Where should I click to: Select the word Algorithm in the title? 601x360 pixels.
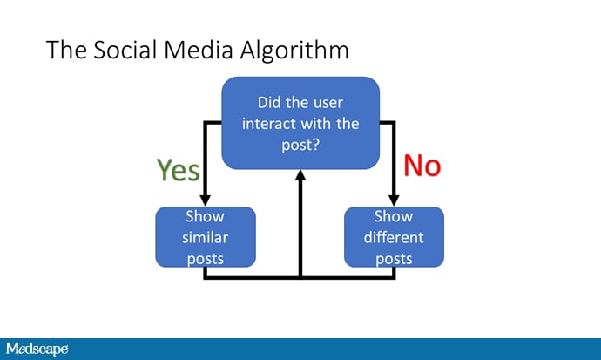(296, 51)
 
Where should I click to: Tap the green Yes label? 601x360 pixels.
(178, 169)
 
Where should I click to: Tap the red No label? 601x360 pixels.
(422, 164)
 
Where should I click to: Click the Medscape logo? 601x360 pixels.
(37, 349)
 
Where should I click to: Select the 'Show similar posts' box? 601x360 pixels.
(206, 236)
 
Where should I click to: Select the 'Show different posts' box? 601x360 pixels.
(394, 236)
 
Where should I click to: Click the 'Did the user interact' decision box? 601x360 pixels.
(300, 122)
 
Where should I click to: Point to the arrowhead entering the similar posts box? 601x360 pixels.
(206, 200)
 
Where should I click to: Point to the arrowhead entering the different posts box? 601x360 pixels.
(394, 200)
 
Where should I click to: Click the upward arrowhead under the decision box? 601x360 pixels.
(300, 175)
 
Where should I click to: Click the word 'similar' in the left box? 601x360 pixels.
(206, 237)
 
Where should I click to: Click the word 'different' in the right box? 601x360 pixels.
(394, 237)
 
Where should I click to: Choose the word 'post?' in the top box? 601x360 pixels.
(300, 144)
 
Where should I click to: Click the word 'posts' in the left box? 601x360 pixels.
(206, 258)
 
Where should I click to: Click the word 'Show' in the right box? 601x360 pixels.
(394, 216)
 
